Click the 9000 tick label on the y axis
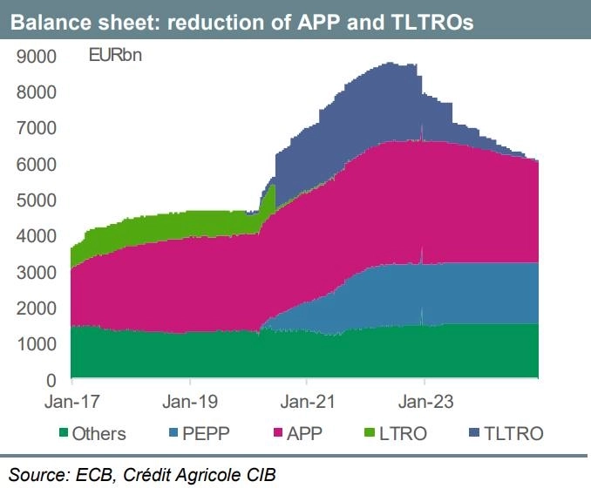click(x=37, y=57)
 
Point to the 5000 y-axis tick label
click(x=37, y=200)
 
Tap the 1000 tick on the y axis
click(x=37, y=344)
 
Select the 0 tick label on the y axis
click(x=51, y=380)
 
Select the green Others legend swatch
click(x=62, y=433)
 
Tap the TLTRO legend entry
click(x=514, y=433)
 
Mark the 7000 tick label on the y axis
click(x=37, y=129)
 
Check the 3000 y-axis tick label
click(x=37, y=272)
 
